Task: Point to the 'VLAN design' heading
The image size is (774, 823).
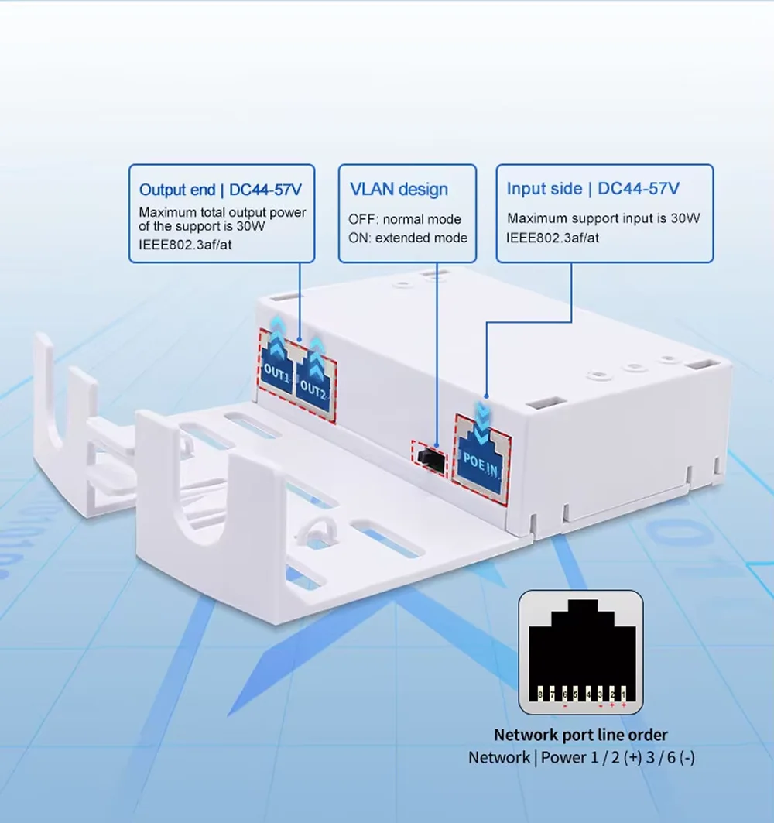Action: click(399, 189)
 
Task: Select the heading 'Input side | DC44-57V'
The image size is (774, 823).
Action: click(593, 188)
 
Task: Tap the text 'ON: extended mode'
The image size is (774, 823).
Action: click(407, 238)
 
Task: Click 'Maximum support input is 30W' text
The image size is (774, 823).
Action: click(603, 218)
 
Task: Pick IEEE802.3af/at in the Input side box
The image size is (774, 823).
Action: click(553, 238)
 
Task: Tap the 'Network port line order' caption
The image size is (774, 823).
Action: click(580, 734)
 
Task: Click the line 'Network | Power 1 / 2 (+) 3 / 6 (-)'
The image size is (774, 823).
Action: click(581, 757)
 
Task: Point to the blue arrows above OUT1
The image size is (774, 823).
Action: click(277, 328)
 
